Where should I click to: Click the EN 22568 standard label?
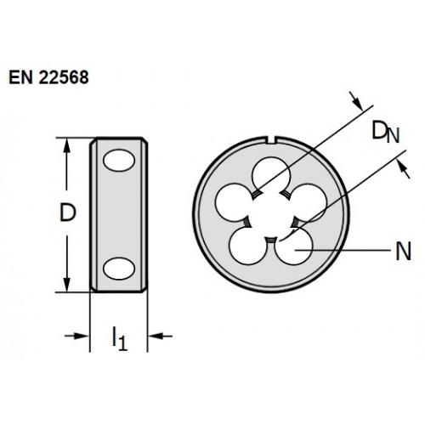click(x=48, y=77)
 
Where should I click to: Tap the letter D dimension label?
click(x=68, y=212)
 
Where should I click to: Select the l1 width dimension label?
click(x=120, y=338)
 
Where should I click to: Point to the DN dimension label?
click(x=386, y=132)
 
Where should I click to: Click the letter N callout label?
click(x=403, y=252)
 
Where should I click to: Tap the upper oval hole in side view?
click(x=119, y=161)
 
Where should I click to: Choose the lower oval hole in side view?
click(x=119, y=269)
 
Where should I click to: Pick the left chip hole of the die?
click(x=234, y=202)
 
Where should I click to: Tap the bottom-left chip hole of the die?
click(x=248, y=246)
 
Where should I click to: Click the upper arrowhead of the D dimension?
click(x=67, y=145)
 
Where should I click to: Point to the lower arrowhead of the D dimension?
click(x=67, y=285)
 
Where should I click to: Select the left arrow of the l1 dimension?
click(x=76, y=336)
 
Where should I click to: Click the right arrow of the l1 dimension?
click(x=161, y=336)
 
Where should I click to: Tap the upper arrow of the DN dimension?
click(x=356, y=101)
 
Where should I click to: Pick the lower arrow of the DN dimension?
click(x=403, y=169)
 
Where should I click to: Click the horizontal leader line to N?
click(x=343, y=250)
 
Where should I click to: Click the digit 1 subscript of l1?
click(x=122, y=343)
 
